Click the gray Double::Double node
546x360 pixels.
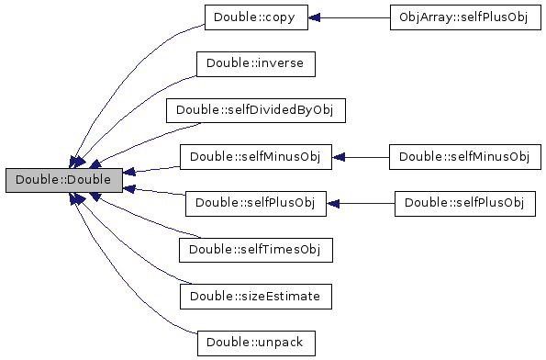[x=64, y=180]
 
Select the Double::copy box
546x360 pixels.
[x=256, y=17]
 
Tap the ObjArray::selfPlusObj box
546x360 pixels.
[x=465, y=17]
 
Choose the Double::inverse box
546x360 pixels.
[x=256, y=64]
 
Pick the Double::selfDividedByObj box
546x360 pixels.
[x=256, y=110]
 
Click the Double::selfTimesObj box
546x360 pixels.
[x=256, y=250]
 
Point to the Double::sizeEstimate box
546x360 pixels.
[x=256, y=297]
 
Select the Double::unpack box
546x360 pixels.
[x=256, y=343]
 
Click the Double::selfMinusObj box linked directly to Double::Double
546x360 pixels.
[x=256, y=157]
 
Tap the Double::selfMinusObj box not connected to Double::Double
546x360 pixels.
[x=465, y=157]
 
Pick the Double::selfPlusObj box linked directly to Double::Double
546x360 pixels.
[x=256, y=204]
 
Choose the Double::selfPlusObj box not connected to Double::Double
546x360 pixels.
[x=465, y=204]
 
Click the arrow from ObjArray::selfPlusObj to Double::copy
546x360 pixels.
[x=349, y=17]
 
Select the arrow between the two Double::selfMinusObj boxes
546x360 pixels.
[x=361, y=158]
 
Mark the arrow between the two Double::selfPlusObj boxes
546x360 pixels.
[x=361, y=204]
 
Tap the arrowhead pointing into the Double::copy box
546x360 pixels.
[x=314, y=17]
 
